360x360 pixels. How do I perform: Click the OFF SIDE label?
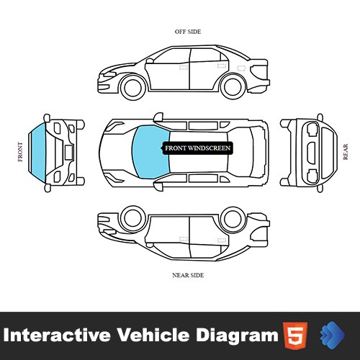tap(188, 32)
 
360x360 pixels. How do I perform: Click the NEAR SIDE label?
tap(188, 275)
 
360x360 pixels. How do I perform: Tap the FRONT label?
tap(20, 152)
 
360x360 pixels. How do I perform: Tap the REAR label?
tap(346, 152)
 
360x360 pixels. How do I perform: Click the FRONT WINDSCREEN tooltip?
tap(197, 148)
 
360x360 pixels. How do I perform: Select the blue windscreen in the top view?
tap(151, 152)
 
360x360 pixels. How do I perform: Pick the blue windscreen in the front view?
tap(38, 153)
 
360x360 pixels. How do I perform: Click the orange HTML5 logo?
tap(295, 335)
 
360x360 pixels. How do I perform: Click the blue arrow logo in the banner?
tap(332, 335)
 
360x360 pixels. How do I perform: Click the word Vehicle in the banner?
tap(153, 335)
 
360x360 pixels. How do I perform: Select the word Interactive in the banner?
tap(57, 335)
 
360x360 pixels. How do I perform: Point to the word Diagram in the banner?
tap(237, 336)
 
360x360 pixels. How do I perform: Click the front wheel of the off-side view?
tap(132, 87)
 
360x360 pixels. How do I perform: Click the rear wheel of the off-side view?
tap(233, 86)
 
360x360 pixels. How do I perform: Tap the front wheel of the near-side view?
tap(132, 218)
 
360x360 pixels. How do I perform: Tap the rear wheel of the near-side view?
tap(233, 219)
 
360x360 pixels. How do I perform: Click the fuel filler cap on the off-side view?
tap(241, 68)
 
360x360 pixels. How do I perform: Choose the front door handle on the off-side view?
tap(184, 67)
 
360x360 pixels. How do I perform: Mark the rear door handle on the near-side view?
tap(222, 240)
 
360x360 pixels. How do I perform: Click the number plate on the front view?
tap(68, 153)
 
